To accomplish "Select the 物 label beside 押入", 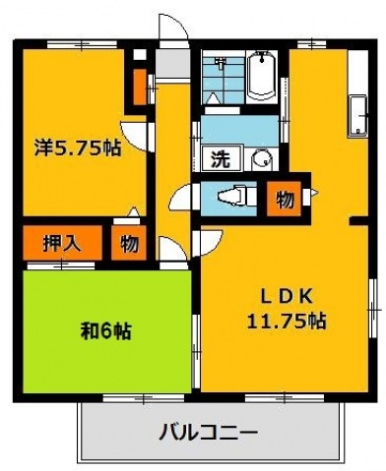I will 130,243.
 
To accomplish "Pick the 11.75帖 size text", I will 287,321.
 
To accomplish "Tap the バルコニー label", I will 207,432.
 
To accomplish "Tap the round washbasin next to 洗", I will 259,159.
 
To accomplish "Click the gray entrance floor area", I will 171,64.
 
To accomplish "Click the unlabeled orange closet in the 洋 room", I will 138,88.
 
